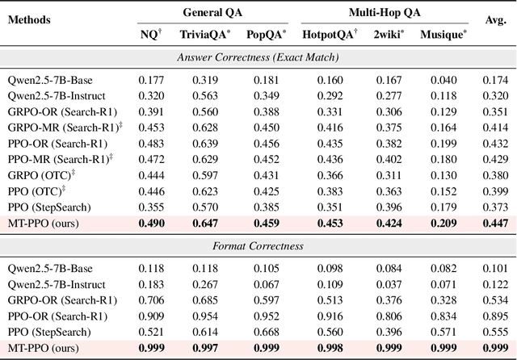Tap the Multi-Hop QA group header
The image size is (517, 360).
(x=378, y=12)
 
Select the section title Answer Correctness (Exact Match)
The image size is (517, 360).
(x=258, y=57)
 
